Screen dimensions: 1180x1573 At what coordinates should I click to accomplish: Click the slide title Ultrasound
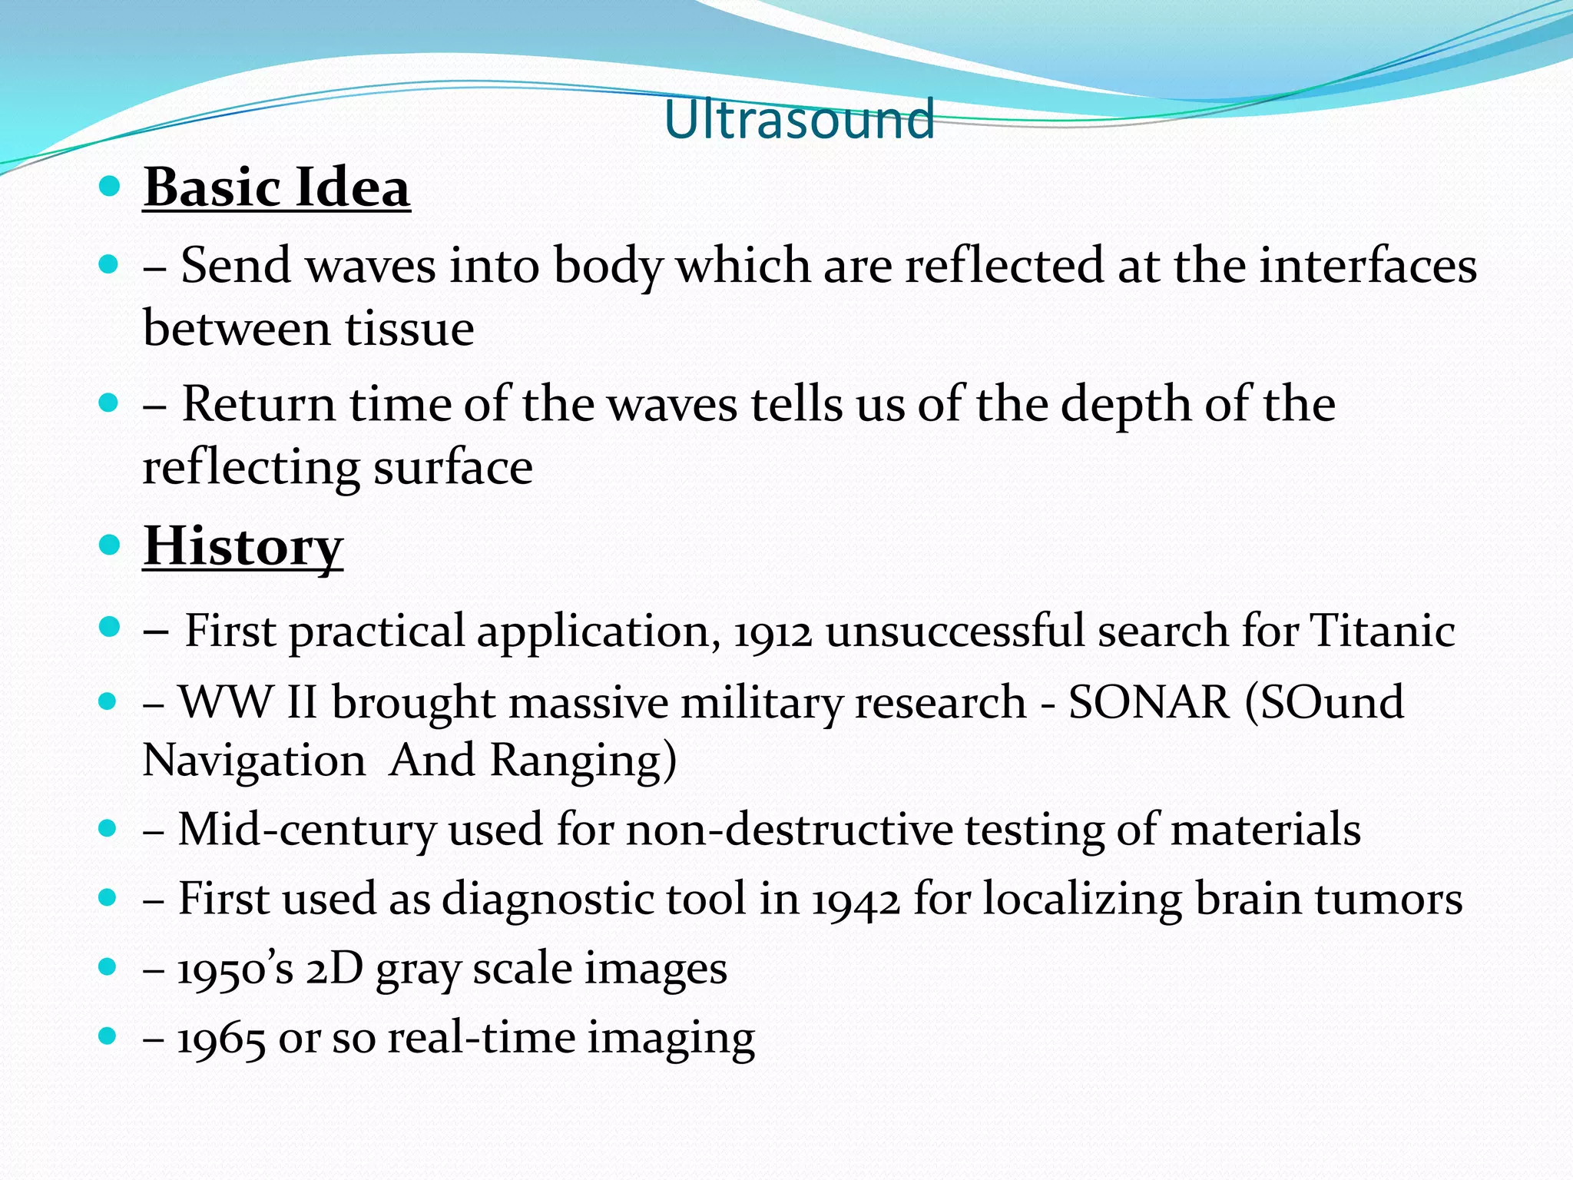tap(799, 120)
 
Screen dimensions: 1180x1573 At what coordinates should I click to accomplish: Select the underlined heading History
tap(243, 546)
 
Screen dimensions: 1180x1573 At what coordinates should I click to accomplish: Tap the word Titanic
tap(1383, 631)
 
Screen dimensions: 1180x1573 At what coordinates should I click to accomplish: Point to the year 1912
tap(773, 632)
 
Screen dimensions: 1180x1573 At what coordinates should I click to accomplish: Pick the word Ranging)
tap(583, 761)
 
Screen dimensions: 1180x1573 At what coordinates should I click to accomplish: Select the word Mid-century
tap(306, 830)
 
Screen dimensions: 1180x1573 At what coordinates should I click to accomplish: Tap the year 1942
tap(856, 900)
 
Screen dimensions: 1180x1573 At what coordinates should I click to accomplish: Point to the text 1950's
tap(235, 970)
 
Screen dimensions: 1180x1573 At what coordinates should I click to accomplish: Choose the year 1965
tap(221, 1039)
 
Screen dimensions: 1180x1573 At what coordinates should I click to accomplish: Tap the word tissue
tap(409, 329)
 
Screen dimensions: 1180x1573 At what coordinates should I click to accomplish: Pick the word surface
tap(452, 468)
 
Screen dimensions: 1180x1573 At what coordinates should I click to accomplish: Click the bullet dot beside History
tap(110, 545)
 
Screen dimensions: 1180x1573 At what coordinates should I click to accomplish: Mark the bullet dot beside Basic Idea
tap(110, 187)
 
